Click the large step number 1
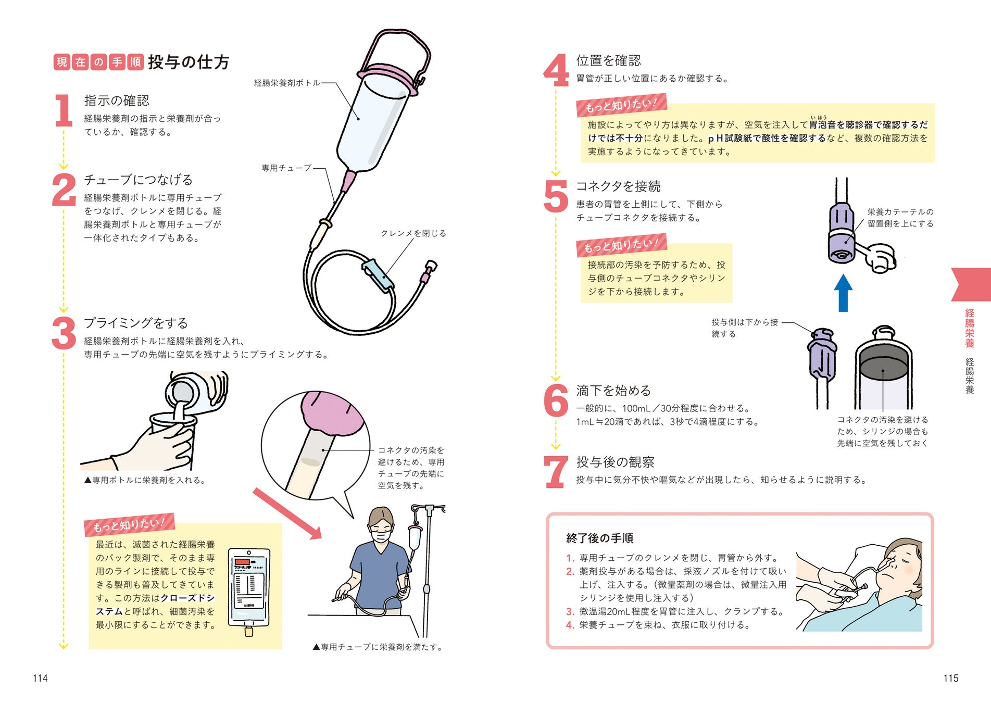64,110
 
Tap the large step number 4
556,70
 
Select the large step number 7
556,472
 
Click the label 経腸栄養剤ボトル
287,83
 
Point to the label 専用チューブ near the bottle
286,168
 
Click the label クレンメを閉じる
413,233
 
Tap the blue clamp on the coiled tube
378,274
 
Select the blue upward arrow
843,293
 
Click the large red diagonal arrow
287,513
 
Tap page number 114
40,678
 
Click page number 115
951,678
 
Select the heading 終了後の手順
599,538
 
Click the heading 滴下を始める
613,391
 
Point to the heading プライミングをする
136,323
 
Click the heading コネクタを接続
618,186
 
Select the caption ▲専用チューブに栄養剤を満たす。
378,647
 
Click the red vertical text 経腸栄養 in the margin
970,328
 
